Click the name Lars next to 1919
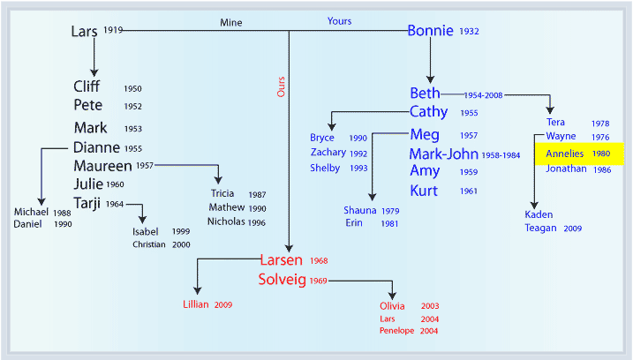click(x=84, y=32)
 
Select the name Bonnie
click(x=430, y=31)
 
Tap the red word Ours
click(x=281, y=86)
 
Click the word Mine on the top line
click(x=231, y=23)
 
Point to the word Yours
click(x=339, y=21)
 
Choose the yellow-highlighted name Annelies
click(x=564, y=154)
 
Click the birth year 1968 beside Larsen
click(x=319, y=260)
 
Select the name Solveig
click(x=283, y=280)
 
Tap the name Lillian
click(x=196, y=304)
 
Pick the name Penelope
click(x=396, y=331)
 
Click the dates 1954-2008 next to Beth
click(x=483, y=95)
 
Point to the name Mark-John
click(x=444, y=154)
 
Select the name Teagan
click(x=540, y=228)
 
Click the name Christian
click(x=149, y=244)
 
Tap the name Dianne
click(x=96, y=147)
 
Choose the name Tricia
click(x=222, y=193)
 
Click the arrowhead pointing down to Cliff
click(x=94, y=72)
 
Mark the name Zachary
click(x=328, y=153)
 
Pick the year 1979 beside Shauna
click(x=390, y=211)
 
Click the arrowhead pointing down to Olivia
click(x=392, y=296)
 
